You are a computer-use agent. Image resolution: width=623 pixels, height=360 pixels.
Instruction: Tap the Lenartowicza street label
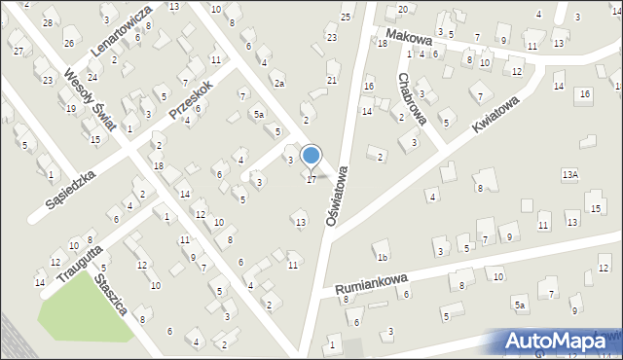point(120,31)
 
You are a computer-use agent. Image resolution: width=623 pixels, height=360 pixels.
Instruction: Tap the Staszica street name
point(112,293)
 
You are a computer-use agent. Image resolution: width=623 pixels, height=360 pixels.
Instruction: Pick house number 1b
point(384,258)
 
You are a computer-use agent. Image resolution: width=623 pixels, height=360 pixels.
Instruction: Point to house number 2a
point(278,84)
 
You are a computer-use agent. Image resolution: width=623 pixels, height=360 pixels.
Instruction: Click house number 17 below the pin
point(311,180)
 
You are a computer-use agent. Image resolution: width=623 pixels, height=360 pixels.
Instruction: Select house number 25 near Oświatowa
point(346,18)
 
